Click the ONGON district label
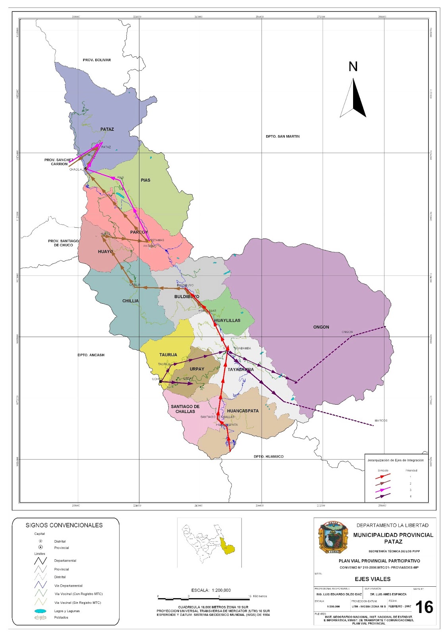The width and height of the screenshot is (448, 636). click(321, 327)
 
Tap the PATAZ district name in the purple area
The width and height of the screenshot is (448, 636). click(107, 129)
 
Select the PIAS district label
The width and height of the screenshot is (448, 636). click(145, 180)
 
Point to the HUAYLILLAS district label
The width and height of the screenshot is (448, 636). click(227, 320)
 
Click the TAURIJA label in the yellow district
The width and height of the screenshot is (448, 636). click(168, 355)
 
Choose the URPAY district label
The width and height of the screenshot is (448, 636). click(197, 369)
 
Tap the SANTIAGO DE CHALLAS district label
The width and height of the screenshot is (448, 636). click(185, 409)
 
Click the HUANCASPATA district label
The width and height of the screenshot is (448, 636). click(243, 411)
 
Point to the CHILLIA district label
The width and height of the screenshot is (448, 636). click(130, 301)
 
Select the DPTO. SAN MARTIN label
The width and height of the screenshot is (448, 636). click(282, 136)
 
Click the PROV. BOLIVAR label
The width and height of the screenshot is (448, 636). click(97, 60)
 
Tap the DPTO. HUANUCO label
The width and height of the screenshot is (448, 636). click(268, 456)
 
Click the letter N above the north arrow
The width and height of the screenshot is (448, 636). click(353, 67)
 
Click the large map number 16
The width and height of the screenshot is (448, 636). click(424, 607)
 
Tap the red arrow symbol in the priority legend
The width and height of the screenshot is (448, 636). click(383, 476)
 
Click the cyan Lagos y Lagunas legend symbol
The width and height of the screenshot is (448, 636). click(41, 611)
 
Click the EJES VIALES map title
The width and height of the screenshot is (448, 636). click(373, 579)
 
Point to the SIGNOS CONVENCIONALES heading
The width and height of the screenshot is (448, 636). click(64, 525)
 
